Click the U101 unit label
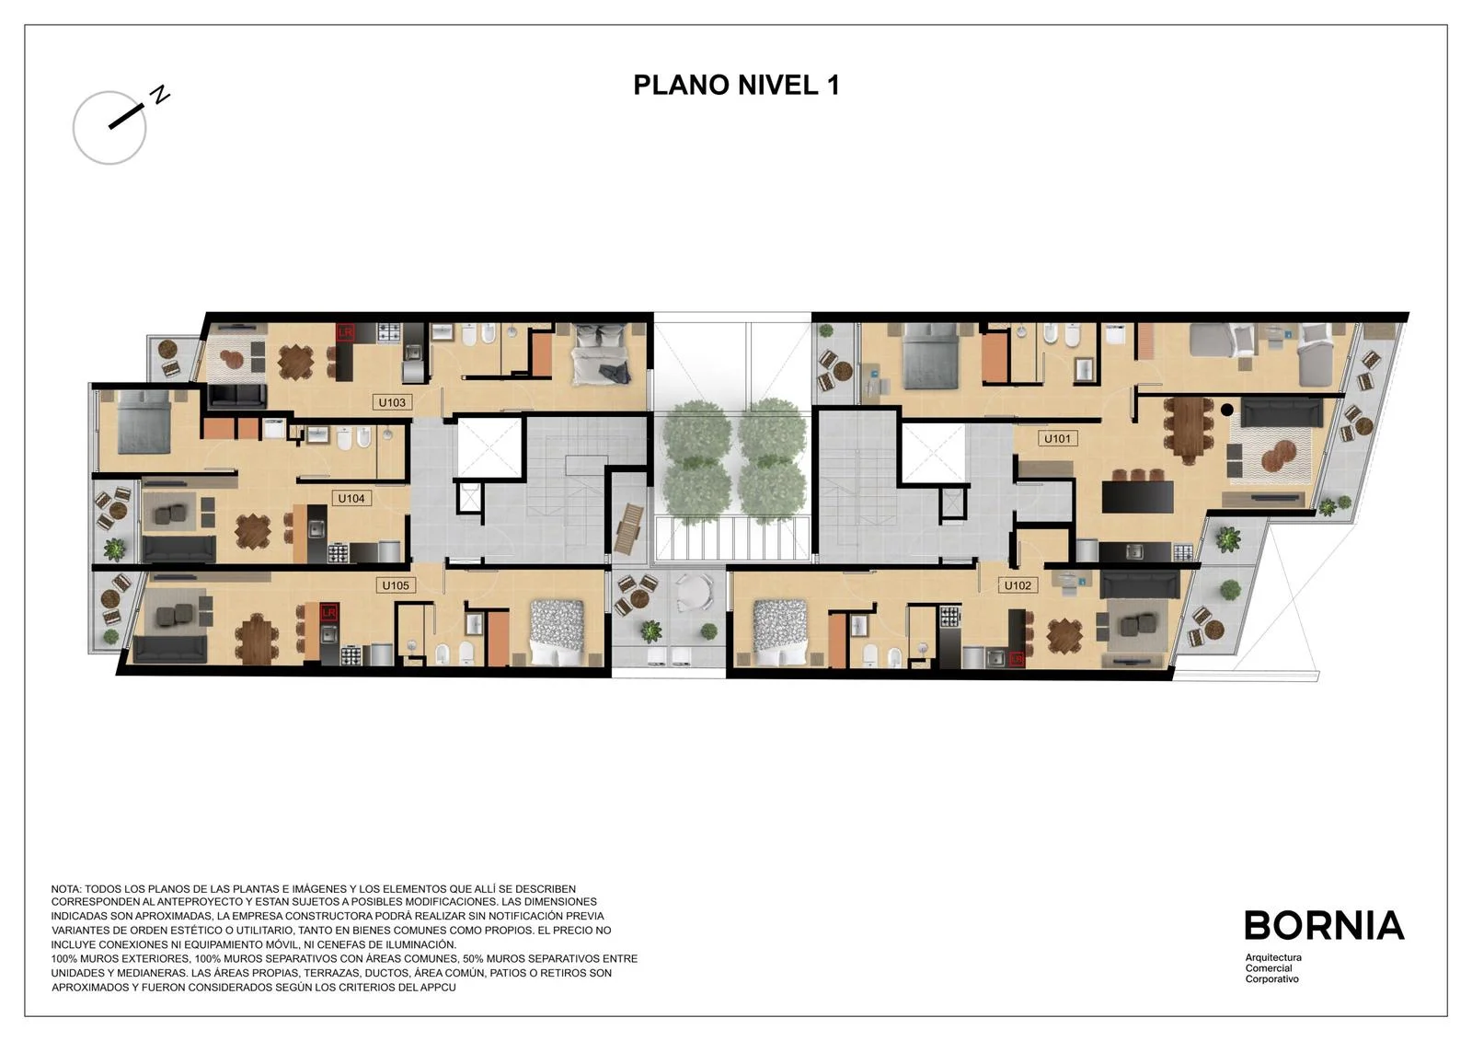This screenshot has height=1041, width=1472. click(1057, 438)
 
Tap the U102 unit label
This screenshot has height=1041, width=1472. click(1018, 585)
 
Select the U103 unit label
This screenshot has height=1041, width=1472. click(392, 402)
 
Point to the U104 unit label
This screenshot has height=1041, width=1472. click(351, 499)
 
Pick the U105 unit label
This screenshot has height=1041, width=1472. click(396, 585)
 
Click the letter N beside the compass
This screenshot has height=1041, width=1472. click(160, 95)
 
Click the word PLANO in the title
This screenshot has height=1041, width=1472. click(682, 85)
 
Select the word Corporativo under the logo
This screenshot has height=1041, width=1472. click(1272, 979)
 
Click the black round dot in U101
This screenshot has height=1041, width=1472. click(1227, 409)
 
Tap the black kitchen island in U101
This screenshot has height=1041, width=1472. click(1137, 497)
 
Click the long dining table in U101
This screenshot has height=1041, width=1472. click(1188, 431)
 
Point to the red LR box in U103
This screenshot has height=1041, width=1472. click(346, 332)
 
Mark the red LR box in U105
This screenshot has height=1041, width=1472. click(328, 612)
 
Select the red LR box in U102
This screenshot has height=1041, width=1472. click(1017, 657)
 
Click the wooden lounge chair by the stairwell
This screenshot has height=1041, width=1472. click(630, 528)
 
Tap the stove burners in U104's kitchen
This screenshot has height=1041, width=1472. click(338, 552)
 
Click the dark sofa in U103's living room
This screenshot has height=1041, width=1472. click(237, 395)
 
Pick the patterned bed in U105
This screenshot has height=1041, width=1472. click(557, 632)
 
